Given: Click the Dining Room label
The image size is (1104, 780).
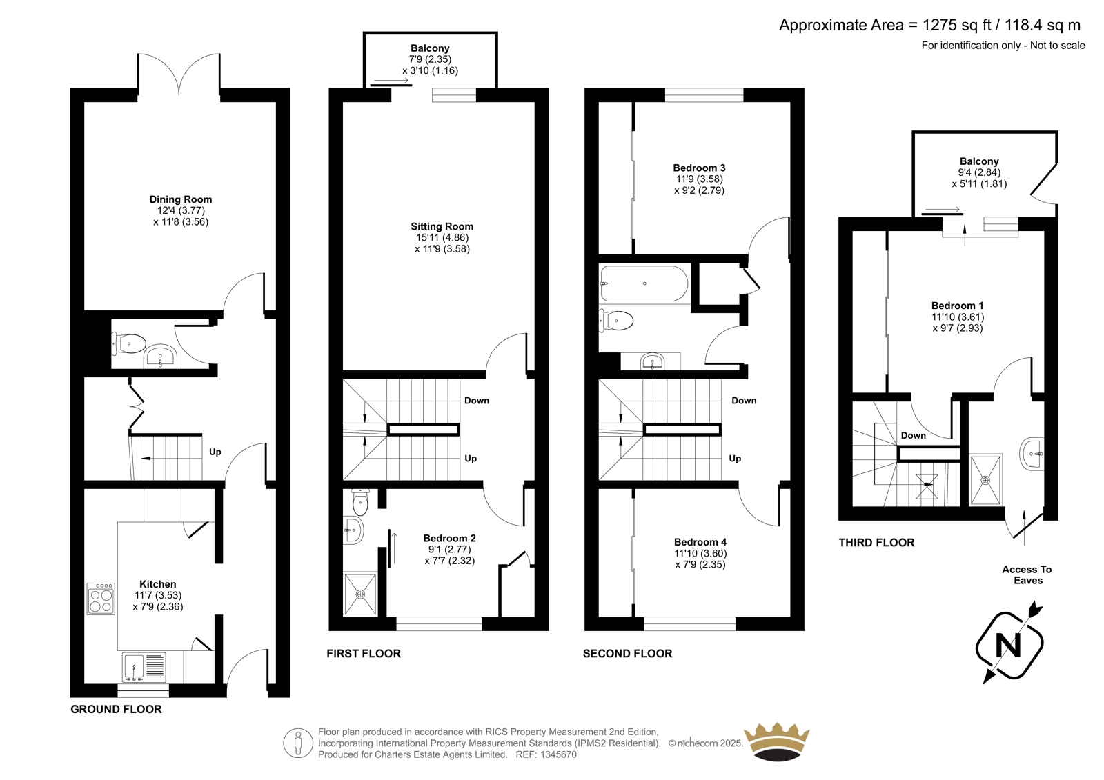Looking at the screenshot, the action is click(x=181, y=199).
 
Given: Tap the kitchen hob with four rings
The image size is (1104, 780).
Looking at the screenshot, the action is click(x=101, y=599).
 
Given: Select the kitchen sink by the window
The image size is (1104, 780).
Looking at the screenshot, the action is click(x=144, y=668).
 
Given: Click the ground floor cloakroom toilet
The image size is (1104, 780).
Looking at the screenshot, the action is click(x=128, y=343).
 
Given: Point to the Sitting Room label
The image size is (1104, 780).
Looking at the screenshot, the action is click(x=442, y=227).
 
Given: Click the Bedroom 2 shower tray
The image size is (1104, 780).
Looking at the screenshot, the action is click(x=361, y=594).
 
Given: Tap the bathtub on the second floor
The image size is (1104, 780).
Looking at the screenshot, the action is click(x=644, y=283).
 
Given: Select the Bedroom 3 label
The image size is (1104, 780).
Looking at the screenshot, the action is click(x=700, y=168).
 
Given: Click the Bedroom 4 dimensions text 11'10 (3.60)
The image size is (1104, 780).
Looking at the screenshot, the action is click(x=700, y=553).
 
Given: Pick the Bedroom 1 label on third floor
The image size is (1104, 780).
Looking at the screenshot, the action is click(x=958, y=306).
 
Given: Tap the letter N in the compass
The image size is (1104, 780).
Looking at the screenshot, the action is click(x=1009, y=645).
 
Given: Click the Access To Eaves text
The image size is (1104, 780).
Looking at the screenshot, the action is click(x=1027, y=575).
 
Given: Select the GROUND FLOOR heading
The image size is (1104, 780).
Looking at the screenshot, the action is click(x=117, y=709).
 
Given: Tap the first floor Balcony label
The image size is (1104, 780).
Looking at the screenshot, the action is click(x=431, y=48).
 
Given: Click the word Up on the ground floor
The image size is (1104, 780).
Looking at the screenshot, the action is click(x=215, y=452).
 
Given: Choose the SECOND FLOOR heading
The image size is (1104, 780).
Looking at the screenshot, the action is click(x=628, y=653).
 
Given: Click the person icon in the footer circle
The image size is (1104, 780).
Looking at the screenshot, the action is click(x=297, y=743).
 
